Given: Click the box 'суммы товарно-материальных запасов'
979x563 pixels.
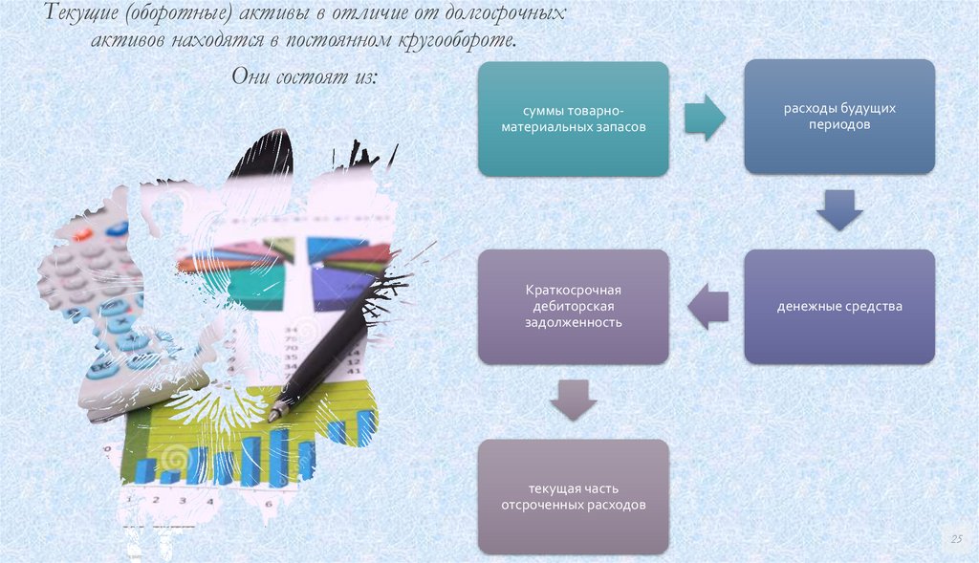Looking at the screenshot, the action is (573, 119).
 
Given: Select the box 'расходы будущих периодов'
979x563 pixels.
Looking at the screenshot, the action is (838, 116).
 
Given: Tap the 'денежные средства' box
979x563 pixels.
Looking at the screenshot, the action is (838, 307).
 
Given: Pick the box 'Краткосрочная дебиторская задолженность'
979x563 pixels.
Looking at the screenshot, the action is (573, 306).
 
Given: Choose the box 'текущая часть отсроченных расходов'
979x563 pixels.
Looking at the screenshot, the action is (573, 496).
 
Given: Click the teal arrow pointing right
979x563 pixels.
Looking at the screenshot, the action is (706, 118).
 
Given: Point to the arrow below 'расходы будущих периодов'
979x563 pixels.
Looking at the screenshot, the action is (838, 210).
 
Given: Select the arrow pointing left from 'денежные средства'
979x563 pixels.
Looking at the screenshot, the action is (707, 306).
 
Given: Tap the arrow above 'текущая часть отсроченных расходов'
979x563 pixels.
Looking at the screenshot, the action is (573, 401).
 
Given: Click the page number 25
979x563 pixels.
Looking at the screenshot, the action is (954, 540).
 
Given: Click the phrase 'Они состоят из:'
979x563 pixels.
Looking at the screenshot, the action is (305, 76).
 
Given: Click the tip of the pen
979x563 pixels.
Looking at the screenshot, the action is (273, 417).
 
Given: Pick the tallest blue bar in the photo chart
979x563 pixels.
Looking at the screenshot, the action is (278, 457).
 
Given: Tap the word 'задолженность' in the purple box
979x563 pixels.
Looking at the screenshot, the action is (573, 323).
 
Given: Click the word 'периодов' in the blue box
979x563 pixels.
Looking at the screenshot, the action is (838, 125).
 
